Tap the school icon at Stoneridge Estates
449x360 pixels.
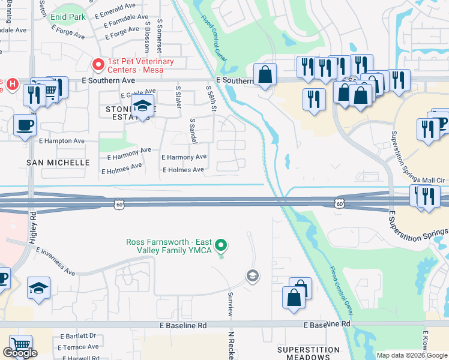(142, 106)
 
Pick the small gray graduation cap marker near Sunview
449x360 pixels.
(253, 275)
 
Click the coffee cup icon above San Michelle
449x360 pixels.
(24, 125)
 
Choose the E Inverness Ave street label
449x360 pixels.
(55, 261)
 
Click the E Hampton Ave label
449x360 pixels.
(62, 141)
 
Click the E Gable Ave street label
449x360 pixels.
(138, 95)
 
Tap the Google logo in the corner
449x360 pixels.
(20, 353)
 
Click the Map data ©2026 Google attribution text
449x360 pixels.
(411, 355)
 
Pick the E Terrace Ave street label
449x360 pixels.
(79, 347)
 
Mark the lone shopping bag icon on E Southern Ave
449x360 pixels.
(265, 75)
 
